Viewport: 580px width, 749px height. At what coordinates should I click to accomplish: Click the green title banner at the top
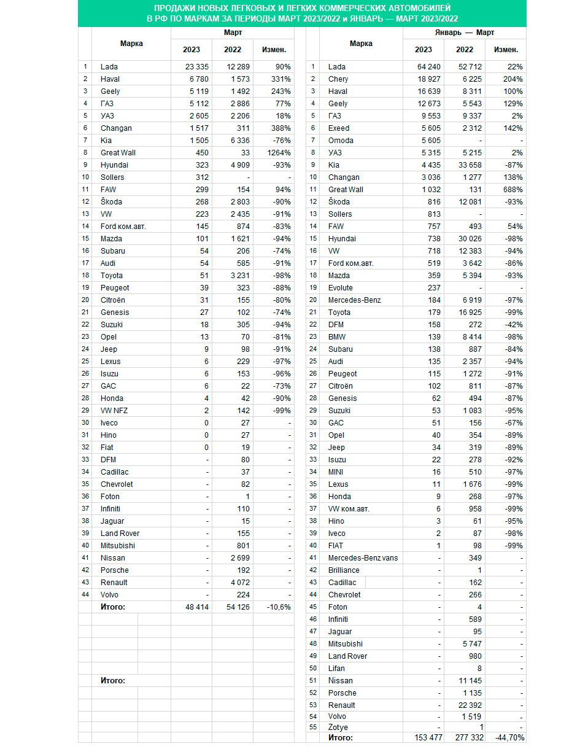click(302, 13)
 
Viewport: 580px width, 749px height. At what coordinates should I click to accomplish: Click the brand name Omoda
click(341, 141)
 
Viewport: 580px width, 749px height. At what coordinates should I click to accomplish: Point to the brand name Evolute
click(342, 288)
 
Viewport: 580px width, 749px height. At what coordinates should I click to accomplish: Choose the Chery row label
click(338, 79)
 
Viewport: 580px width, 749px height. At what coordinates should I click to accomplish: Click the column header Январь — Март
click(464, 33)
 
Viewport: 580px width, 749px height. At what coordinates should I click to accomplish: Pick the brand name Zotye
click(339, 727)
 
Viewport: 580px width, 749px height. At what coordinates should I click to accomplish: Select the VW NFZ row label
click(115, 411)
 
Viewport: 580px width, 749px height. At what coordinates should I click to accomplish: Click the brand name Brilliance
click(344, 570)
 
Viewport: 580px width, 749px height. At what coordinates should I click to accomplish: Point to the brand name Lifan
click(337, 669)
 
